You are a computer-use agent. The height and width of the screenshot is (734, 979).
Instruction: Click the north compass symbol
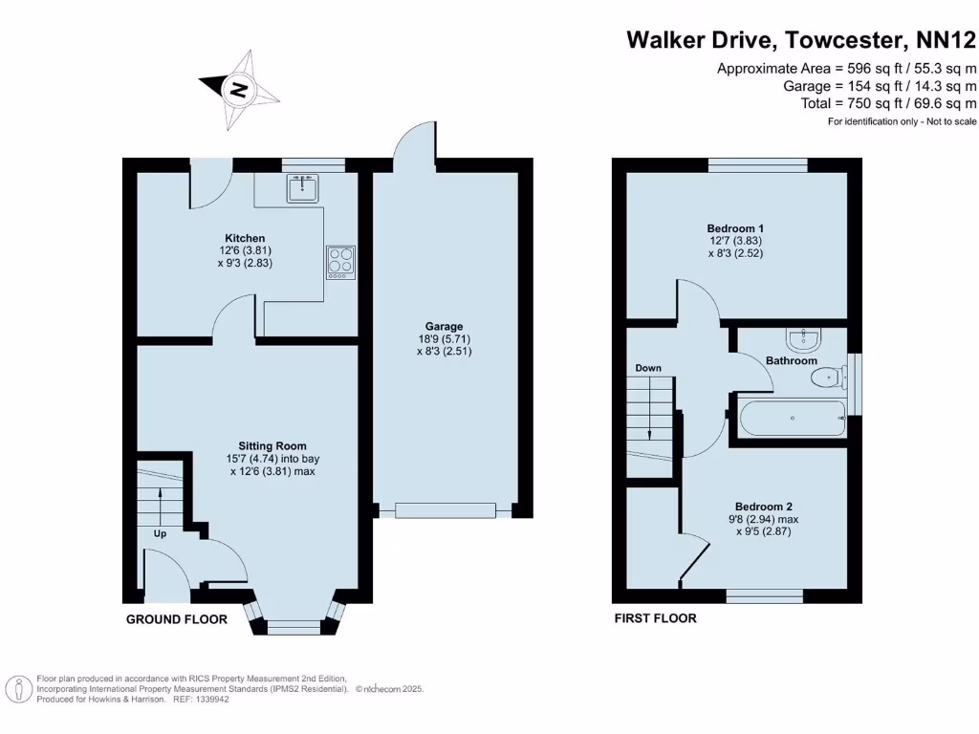coord(238,91)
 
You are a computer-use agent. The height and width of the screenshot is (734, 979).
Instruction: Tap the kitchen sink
coord(303,189)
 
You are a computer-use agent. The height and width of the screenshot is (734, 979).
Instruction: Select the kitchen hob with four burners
coord(340,261)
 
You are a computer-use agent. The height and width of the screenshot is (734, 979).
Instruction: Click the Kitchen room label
coord(245,238)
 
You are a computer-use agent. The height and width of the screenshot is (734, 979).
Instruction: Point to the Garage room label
coord(445,326)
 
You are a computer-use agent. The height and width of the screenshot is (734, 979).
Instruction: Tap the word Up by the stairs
coord(160,533)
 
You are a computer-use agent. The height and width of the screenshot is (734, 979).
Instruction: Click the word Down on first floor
coord(648,368)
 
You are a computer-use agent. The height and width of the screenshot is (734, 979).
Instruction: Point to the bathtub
coord(792,418)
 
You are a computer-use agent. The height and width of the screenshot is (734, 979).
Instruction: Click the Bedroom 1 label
coord(735,228)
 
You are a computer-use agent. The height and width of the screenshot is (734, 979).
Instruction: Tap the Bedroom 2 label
coord(763,507)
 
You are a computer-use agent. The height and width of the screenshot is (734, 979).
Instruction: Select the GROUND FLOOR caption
coord(177,619)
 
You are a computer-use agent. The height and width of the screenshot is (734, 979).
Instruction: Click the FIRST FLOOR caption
coord(655,618)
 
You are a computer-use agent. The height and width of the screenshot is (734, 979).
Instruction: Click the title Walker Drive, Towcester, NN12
coord(801,40)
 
